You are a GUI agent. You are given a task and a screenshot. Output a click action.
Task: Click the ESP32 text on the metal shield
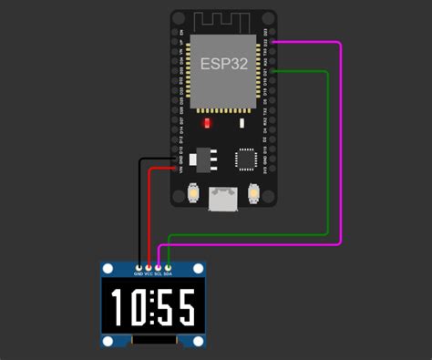(223, 64)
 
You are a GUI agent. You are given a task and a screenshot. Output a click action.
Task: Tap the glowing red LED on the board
(209, 123)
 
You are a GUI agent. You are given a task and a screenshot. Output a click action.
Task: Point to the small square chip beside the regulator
(247, 159)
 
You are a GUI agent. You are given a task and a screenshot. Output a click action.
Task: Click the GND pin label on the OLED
(139, 273)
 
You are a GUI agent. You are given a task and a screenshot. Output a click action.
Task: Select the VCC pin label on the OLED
(148, 273)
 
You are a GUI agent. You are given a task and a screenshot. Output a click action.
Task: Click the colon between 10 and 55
(153, 309)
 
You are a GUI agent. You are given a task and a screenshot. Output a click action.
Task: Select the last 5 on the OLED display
(187, 309)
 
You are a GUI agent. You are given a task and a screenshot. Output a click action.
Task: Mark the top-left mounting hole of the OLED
(108, 269)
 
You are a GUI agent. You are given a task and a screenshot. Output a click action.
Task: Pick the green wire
(326, 146)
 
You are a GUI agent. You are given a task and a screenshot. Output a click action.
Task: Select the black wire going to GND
(139, 210)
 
